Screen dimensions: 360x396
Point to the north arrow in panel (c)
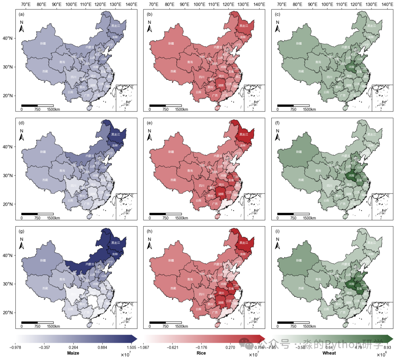pos(278,27)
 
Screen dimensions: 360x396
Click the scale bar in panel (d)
pos(37,214)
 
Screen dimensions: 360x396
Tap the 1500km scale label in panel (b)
pos(181,109)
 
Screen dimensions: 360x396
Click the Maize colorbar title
pos(73,353)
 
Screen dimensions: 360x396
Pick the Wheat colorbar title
pos(329,353)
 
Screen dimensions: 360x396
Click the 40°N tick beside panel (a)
pos(9,38)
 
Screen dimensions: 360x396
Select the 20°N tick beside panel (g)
pos(9,313)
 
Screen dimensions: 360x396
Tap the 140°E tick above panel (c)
pos(387,5)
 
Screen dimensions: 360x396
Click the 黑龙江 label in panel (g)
pos(116,243)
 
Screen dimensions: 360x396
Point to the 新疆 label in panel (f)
pos(299,152)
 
